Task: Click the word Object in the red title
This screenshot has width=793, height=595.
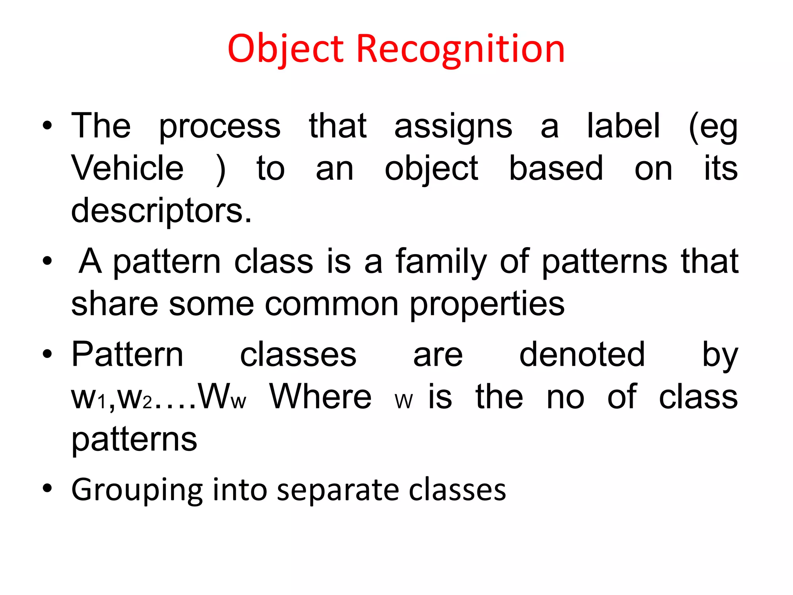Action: (x=285, y=49)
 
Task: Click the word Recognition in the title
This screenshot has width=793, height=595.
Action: (x=460, y=49)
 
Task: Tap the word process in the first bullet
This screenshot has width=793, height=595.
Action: (x=220, y=126)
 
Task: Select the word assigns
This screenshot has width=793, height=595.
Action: (x=453, y=126)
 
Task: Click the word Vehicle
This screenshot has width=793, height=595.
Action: (x=127, y=168)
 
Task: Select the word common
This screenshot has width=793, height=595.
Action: (x=331, y=304)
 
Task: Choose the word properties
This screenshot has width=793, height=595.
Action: (x=487, y=304)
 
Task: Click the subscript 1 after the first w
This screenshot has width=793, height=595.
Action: (x=102, y=403)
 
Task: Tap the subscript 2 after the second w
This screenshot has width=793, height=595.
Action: (x=147, y=403)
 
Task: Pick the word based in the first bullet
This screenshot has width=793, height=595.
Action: (x=556, y=168)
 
